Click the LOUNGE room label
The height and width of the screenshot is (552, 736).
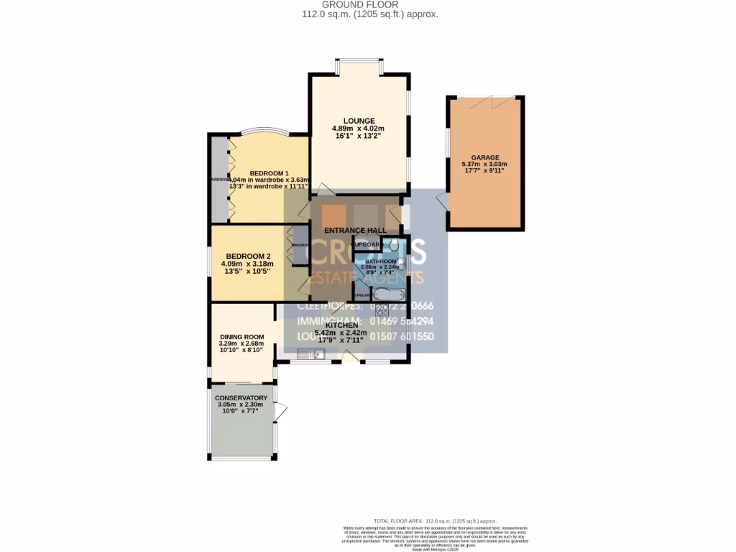pyautogui.click(x=359, y=121)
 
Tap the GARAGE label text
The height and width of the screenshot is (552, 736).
pyautogui.click(x=485, y=157)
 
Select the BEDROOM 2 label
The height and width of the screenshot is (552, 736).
pyautogui.click(x=248, y=256)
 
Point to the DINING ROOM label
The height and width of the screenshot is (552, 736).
pyautogui.click(x=241, y=336)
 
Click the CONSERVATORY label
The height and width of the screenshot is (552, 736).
pyautogui.click(x=241, y=397)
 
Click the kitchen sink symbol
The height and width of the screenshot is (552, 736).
pyautogui.click(x=316, y=354)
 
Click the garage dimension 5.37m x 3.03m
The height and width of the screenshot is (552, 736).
pyautogui.click(x=485, y=165)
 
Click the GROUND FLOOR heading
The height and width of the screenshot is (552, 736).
pyautogui.click(x=370, y=4)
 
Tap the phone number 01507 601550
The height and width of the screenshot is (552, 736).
pyautogui.click(x=410, y=336)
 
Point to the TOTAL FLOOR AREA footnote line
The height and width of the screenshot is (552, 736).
pyautogui.click(x=435, y=520)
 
